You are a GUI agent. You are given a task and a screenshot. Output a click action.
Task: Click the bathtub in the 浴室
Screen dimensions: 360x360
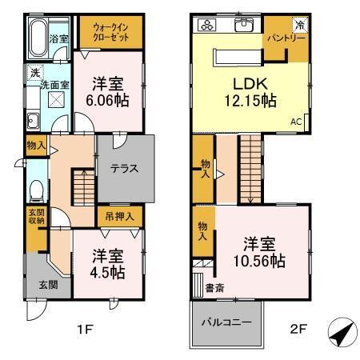(x=37, y=37)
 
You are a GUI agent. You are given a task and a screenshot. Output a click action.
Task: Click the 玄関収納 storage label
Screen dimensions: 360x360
(x=37, y=218)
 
